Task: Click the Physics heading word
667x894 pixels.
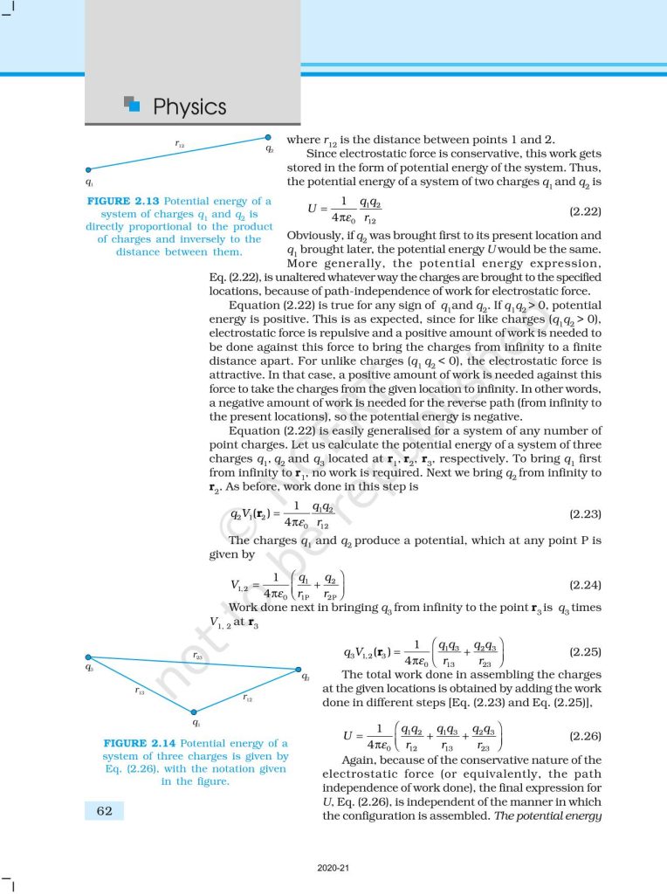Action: coord(189,107)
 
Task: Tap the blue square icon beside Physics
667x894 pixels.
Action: coord(133,105)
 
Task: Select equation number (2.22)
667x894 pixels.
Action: coord(585,212)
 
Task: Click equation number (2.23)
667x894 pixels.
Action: coord(585,515)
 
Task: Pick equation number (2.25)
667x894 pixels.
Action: coord(585,651)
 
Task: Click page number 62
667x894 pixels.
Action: coord(104,811)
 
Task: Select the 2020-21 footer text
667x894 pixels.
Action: coord(333,869)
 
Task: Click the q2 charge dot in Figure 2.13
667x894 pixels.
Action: coord(269,137)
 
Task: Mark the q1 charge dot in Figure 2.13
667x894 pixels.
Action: coord(88,169)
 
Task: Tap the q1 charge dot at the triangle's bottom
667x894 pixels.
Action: coord(194,711)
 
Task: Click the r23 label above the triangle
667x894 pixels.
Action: coord(198,655)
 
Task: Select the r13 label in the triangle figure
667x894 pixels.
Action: coord(140,690)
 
